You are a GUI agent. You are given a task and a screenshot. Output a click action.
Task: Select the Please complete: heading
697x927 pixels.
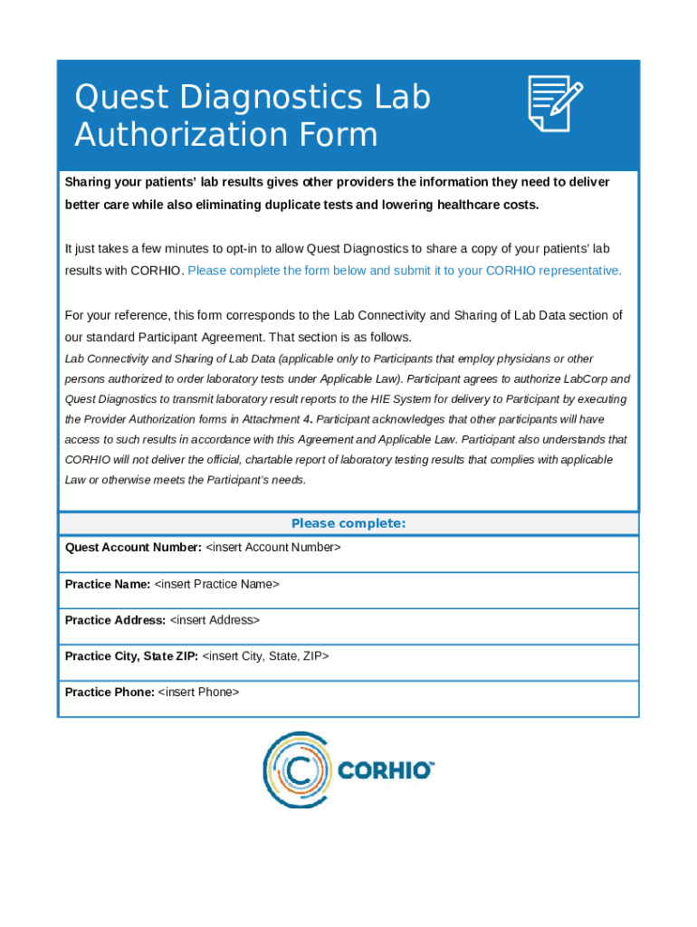[348, 524]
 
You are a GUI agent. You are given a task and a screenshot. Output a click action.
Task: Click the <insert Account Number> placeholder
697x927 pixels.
[273, 548]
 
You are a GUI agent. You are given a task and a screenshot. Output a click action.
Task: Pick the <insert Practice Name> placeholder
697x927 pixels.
[216, 584]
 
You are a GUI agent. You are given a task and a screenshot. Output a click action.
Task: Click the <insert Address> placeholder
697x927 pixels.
[215, 620]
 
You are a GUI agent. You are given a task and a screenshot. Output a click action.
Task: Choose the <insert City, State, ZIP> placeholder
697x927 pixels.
[265, 655]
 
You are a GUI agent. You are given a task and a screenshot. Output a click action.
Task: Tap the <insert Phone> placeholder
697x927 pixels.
[198, 692]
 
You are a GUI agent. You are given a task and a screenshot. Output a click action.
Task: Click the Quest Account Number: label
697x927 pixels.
[133, 548]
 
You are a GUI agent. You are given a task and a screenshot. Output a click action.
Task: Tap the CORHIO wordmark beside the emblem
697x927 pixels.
[386, 771]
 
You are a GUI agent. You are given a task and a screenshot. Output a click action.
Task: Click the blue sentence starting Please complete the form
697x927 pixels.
[405, 271]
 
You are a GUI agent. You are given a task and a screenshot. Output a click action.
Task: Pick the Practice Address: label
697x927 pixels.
[115, 620]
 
